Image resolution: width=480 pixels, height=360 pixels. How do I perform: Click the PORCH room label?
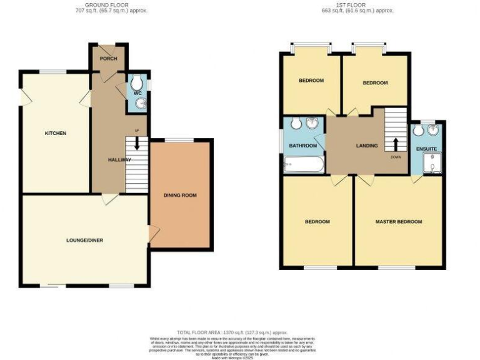109,59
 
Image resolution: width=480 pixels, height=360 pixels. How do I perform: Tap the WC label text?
138,93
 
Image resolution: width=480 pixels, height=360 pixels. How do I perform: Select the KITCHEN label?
55,133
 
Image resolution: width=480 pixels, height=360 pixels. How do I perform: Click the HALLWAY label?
119,160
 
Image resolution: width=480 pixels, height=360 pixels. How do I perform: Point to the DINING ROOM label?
180,196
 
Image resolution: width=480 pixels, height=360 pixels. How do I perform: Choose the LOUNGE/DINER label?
85,240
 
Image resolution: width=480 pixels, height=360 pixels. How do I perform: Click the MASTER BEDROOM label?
399,222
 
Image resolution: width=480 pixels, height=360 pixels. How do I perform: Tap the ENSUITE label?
427,149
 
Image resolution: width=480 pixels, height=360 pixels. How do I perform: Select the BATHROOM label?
302,146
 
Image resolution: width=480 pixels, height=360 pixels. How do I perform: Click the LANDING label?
367,146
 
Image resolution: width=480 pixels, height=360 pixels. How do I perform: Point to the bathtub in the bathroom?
304,165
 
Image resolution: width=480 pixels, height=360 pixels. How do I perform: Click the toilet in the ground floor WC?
139,82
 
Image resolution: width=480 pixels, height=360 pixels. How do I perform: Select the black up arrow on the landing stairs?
395,142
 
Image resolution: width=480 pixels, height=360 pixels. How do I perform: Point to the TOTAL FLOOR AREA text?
232,332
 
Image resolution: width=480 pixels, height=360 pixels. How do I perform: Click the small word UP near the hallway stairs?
136,131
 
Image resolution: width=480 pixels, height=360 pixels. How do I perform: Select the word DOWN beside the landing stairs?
396,157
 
